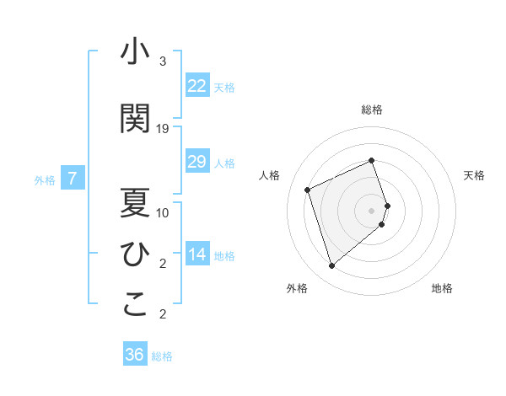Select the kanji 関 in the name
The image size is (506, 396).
pos(135,119)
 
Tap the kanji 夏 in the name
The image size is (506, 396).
pos(135,201)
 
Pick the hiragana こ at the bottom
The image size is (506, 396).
pos(135,304)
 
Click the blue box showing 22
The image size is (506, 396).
pos(197,85)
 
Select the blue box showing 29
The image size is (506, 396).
pos(197,162)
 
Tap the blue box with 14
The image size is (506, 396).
pos(197,254)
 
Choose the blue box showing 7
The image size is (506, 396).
pos(73,179)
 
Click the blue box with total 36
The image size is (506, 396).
pos(135,355)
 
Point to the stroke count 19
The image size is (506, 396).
pos(163,128)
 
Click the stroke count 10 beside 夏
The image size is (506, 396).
pos(163,212)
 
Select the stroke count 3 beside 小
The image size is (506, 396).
pos(163,62)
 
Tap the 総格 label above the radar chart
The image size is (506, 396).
pos(372,110)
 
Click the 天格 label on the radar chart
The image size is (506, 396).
pos(475,175)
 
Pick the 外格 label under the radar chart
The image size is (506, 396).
pos(297,288)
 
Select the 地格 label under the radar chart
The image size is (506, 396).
pos(442,288)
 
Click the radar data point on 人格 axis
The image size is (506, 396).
pos(308,190)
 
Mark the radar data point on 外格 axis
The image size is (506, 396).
pos(331,266)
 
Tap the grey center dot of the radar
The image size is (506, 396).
pos(372,210)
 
